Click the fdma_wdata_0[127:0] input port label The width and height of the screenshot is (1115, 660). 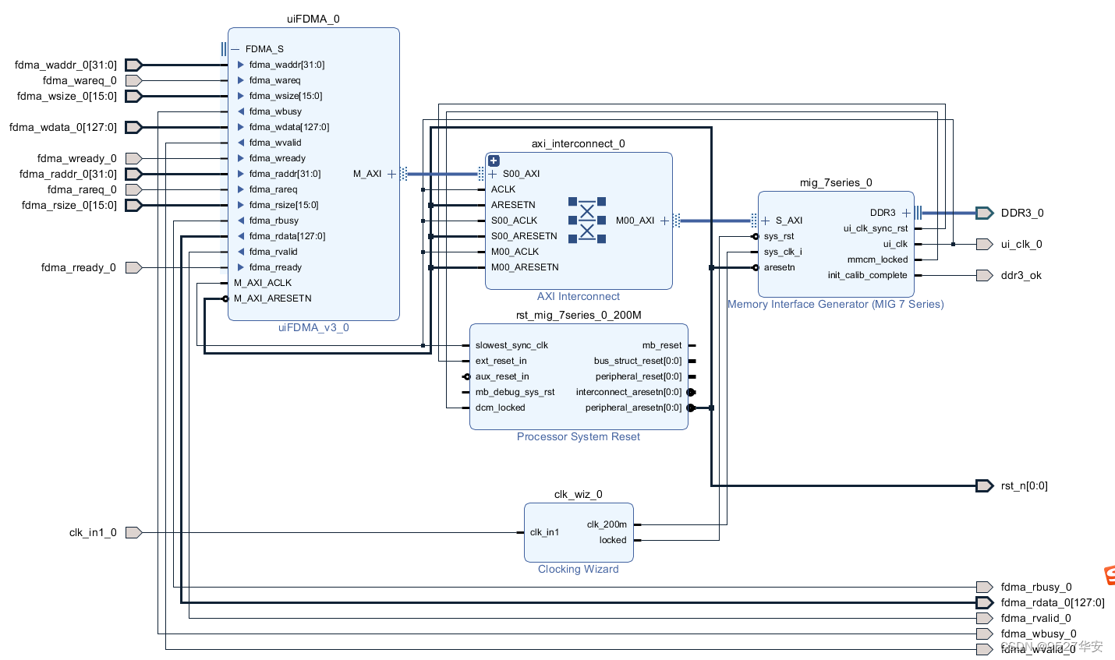click(63, 127)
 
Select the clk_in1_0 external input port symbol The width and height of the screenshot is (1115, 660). click(133, 532)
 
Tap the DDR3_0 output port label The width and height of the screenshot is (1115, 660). click(1021, 213)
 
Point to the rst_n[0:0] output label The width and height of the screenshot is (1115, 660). click(1024, 485)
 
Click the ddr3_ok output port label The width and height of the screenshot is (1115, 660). click(1021, 275)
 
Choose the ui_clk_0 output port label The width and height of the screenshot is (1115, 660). click(1021, 244)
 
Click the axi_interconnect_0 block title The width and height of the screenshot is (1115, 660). click(578, 143)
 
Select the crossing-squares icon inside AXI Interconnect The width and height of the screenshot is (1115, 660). click(587, 220)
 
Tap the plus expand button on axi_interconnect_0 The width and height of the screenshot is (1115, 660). click(494, 161)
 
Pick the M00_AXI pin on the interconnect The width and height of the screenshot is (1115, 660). click(635, 221)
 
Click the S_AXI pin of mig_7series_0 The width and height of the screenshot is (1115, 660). click(788, 221)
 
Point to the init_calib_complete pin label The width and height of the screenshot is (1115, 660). click(867, 275)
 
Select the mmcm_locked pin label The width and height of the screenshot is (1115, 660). click(877, 259)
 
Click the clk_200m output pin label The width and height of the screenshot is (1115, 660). click(607, 524)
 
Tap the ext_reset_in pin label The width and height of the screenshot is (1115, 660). click(501, 361)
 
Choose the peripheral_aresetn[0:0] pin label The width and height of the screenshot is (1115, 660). click(633, 408)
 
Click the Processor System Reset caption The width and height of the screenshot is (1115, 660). click(578, 436)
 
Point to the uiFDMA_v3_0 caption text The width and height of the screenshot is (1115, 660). click(313, 327)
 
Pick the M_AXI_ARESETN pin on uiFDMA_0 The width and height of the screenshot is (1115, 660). click(272, 298)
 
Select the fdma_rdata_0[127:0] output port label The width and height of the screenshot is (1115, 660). click(1052, 602)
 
